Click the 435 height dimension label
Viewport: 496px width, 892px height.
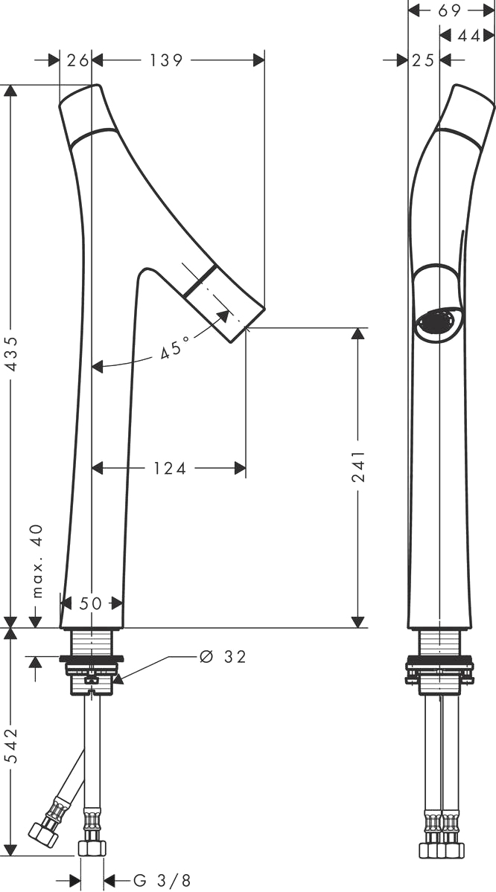tap(12, 354)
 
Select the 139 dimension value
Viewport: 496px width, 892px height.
tap(166, 60)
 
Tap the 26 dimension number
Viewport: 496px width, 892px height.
tap(78, 60)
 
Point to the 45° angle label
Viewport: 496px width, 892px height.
tap(174, 347)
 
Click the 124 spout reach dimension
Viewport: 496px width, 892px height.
tap(170, 468)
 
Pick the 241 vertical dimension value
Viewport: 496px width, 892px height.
tap(358, 466)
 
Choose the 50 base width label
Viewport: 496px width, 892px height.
tap(91, 603)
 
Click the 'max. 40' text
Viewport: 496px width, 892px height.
tap(37, 561)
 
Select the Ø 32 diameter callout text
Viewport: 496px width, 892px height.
tap(223, 657)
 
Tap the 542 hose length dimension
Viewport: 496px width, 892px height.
tap(12, 745)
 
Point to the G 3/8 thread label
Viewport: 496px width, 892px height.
tap(162, 881)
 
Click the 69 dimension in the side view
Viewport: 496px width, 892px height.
tap(450, 10)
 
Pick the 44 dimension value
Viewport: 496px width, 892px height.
tap(468, 35)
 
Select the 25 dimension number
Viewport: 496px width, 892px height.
tap(423, 60)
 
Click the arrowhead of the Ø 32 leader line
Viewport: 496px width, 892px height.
tap(118, 678)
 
